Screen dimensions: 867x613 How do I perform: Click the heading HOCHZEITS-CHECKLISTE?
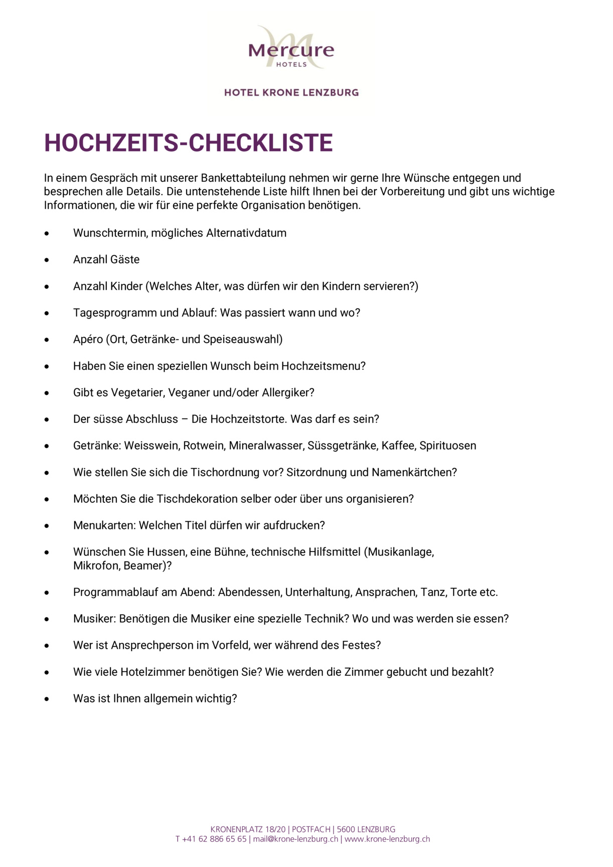pyautogui.click(x=188, y=143)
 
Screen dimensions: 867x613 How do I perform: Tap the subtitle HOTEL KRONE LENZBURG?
pyautogui.click(x=291, y=92)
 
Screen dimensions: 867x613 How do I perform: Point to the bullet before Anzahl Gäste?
pyautogui.click(x=47, y=260)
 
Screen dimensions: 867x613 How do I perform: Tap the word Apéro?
pyautogui.click(x=88, y=340)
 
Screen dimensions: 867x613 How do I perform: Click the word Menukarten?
pyautogui.click(x=104, y=526)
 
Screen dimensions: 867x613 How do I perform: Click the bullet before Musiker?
pyautogui.click(x=47, y=619)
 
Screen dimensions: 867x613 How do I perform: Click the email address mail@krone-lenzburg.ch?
pyautogui.click(x=295, y=839)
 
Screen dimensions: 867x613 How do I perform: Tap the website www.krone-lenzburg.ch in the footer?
pyautogui.click(x=387, y=839)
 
